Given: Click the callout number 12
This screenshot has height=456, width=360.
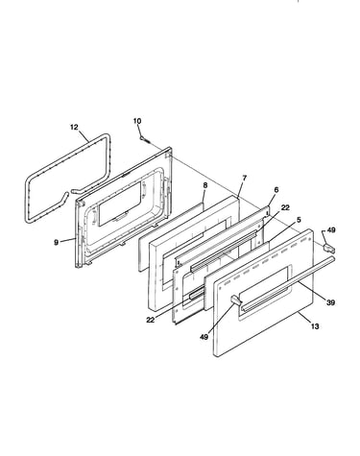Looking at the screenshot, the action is coord(74,127).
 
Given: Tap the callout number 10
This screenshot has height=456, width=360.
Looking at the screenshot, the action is coord(137,121).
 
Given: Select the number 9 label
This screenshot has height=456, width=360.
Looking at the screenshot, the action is coord(56,243).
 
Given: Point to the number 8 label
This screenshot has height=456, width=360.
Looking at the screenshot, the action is coord(205,185).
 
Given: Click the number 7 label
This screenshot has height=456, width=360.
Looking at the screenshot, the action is coord(245,179).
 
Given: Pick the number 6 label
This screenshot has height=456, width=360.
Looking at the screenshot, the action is coord(276,190).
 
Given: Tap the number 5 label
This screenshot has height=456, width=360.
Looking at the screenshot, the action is coord(299,220).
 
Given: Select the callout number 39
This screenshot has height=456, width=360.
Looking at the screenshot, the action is coord(330,302).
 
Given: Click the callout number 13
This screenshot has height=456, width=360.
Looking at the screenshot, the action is coord(315,326).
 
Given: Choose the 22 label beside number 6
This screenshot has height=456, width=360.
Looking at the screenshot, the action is coord(285,207).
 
